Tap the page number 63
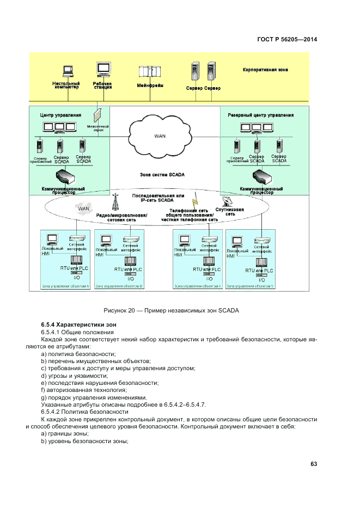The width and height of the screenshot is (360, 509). (314, 464)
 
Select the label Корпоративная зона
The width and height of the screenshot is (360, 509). (265, 70)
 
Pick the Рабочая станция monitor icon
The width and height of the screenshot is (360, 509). (103, 69)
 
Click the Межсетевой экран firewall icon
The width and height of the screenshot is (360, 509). (97, 115)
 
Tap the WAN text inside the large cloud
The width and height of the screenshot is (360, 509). (160, 136)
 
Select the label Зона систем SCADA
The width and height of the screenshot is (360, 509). (162, 175)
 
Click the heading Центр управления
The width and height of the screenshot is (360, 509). (60, 115)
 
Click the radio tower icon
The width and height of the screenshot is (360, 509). (115, 203)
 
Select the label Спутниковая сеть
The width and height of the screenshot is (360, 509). (230, 212)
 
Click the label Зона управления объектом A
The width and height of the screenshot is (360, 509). (65, 285)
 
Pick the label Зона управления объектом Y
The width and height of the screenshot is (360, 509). (250, 285)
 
